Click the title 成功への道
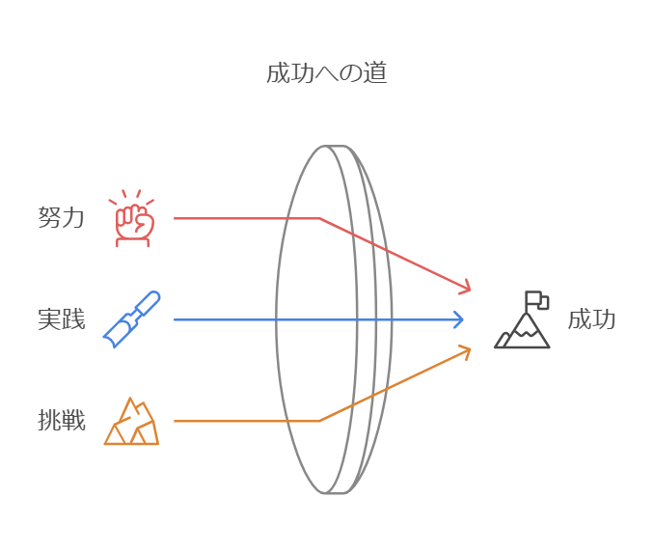coord(327,74)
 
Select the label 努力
coord(62,218)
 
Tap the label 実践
coord(62,319)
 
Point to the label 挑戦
coord(62,421)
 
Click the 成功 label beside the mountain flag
coord(591,319)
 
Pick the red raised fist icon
coord(134,219)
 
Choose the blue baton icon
coord(132,319)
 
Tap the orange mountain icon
coord(132,421)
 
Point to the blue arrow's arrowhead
coord(460,319)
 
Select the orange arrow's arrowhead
coord(467,349)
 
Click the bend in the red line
coord(319,218)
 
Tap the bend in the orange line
coord(319,421)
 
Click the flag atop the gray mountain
coord(536,300)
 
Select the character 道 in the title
coord(376,74)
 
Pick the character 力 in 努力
coord(74,218)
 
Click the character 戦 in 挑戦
coord(74,421)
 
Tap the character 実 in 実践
coord(49,319)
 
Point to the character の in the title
coord(351,74)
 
